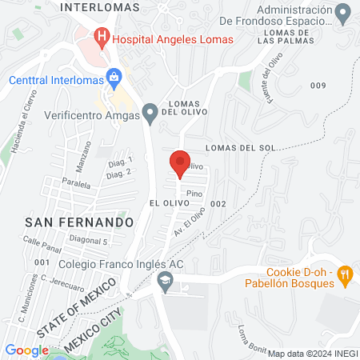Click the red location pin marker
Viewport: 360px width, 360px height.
[180, 163]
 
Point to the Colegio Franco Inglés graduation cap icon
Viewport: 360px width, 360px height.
[166, 279]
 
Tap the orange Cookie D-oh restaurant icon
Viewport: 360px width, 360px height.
[346, 274]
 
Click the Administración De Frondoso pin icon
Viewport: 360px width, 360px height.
[343, 14]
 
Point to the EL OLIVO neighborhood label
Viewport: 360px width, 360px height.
[168, 205]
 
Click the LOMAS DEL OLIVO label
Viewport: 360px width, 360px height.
[189, 108]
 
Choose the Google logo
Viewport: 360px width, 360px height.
[26, 350]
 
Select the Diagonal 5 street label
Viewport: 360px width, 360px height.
[87, 241]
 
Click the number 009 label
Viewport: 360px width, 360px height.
[318, 86]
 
